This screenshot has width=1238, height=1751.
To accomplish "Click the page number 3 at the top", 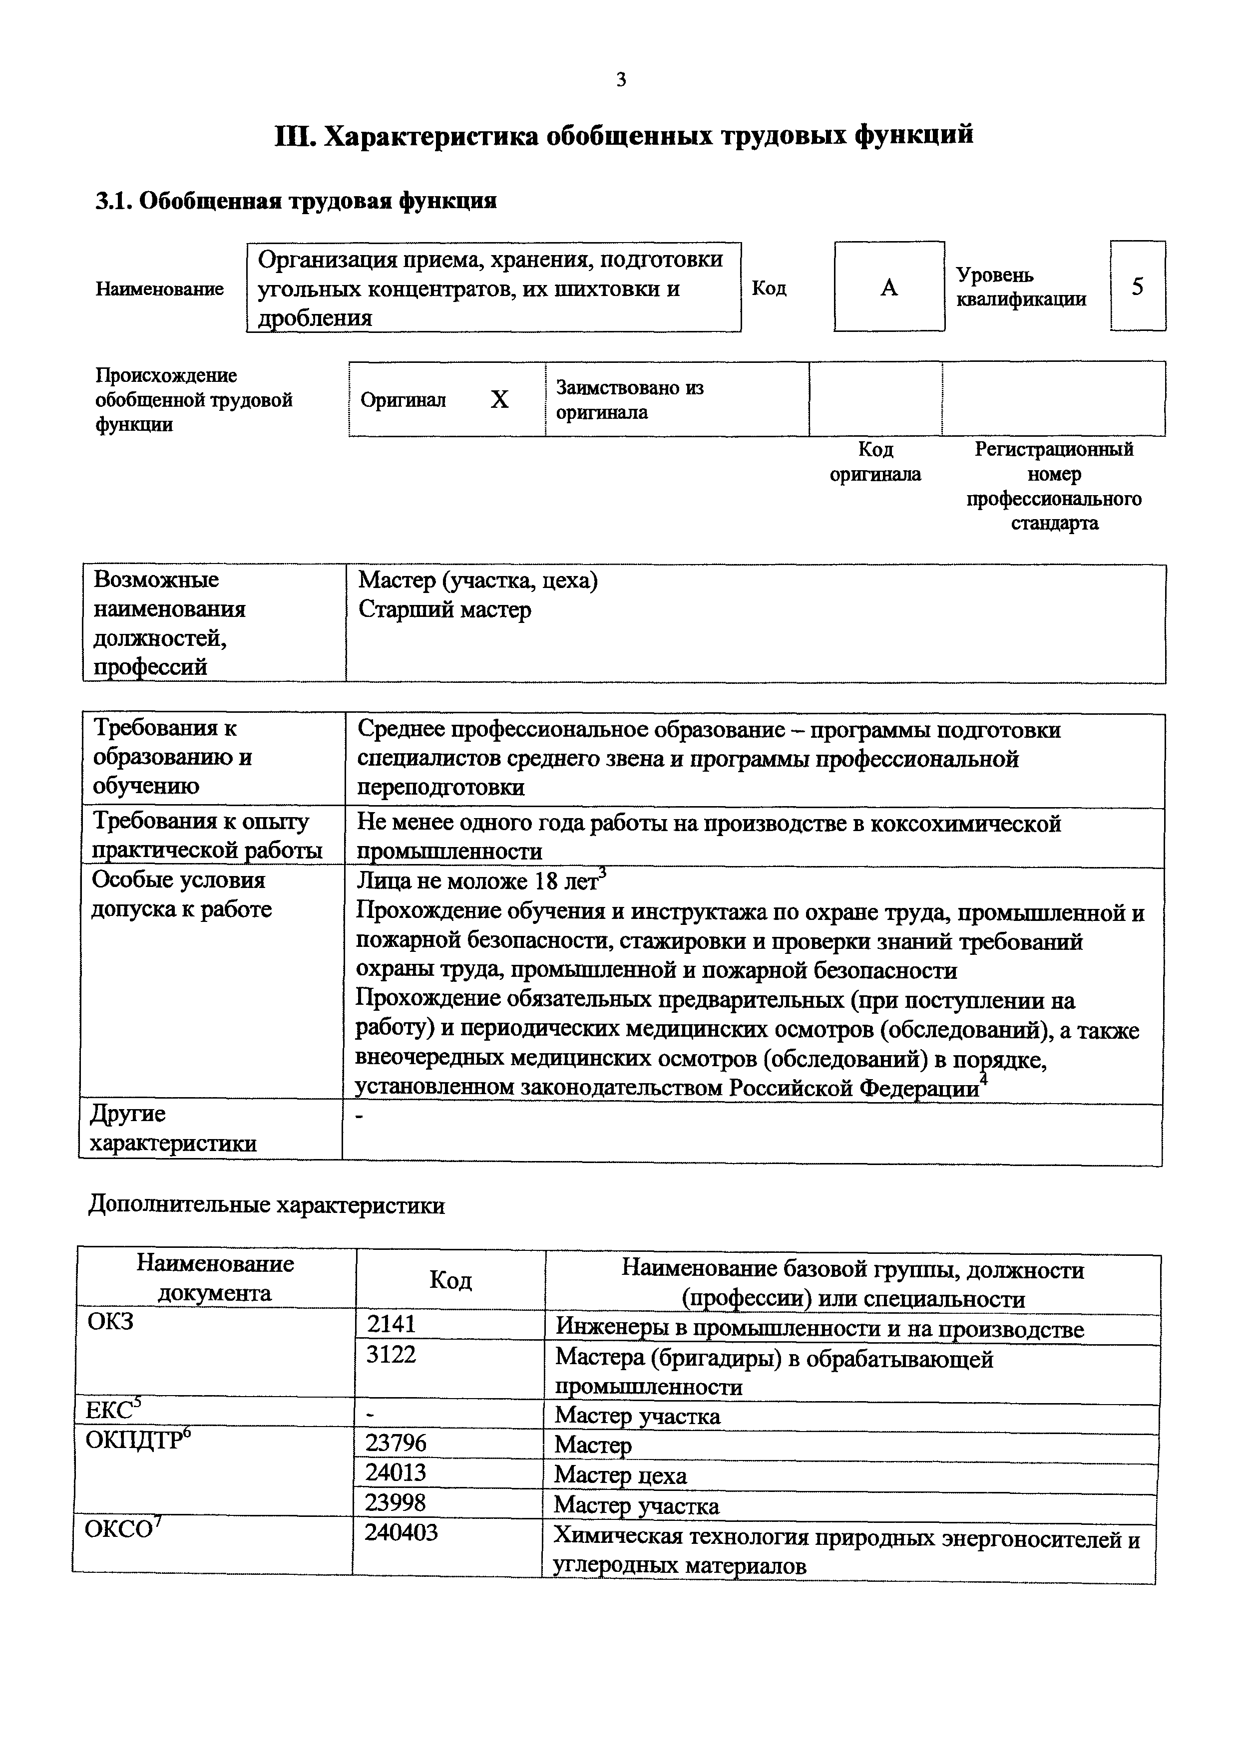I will click(x=620, y=79).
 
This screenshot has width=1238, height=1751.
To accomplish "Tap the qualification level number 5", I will click(x=1137, y=287).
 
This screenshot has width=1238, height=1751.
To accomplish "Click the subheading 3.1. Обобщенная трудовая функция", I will click(x=295, y=201).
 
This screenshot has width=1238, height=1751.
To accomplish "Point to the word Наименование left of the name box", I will click(x=159, y=289).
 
